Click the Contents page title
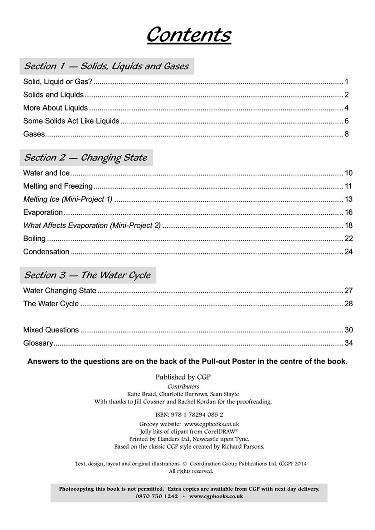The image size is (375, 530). pos(188,35)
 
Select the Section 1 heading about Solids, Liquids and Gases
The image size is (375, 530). pos(106,66)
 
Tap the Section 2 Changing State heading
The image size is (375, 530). pos(85,158)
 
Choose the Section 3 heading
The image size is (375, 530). pos(87,275)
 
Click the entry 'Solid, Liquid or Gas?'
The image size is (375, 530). pos(58,82)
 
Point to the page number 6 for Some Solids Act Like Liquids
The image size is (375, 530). pos(347,121)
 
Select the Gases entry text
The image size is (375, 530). pos(34,134)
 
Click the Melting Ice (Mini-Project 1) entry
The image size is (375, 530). pos(68,200)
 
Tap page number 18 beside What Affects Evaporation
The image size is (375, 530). pos(348,226)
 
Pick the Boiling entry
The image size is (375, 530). pos(34,238)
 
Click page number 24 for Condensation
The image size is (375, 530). pos(348,252)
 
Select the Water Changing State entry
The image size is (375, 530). pos(60,291)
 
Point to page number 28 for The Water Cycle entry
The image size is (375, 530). pos(348,304)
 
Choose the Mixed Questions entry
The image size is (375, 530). pos(51,330)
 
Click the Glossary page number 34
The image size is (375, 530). pos(348,343)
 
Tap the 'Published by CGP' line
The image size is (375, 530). pos(183,377)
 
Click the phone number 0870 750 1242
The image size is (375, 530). pos(156,496)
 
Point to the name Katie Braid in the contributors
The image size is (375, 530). pos(142,394)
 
